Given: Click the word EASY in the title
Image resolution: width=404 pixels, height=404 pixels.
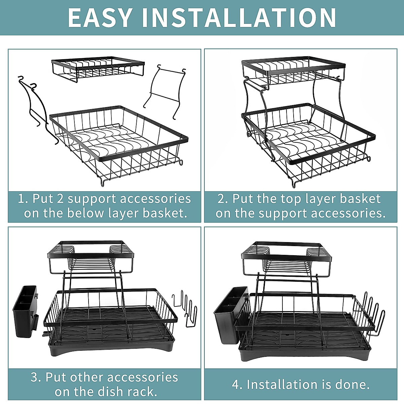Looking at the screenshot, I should click(100, 18).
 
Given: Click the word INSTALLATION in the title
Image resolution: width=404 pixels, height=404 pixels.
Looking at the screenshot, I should click(239, 18).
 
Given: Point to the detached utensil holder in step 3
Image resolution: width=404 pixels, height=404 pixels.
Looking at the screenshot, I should click(25, 311).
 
